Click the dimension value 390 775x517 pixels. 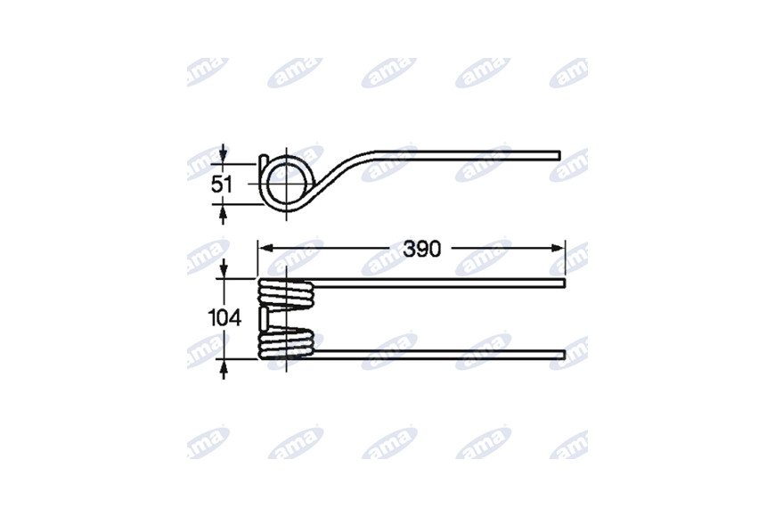(421, 250)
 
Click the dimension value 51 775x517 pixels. (222, 185)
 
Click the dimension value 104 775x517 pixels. (224, 317)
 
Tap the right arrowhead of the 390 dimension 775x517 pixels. (558, 248)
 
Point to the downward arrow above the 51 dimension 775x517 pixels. (223, 154)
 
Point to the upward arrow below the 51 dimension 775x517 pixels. (223, 214)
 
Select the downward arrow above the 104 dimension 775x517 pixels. (224, 268)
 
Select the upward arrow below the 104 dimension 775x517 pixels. (224, 370)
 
